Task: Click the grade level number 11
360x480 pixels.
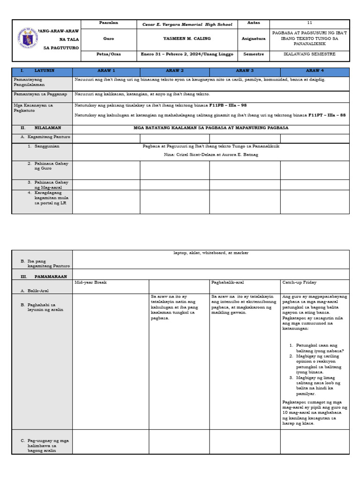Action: [x=309, y=23]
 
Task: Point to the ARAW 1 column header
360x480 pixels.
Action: [x=106, y=70]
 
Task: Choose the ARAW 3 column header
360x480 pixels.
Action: [x=245, y=70]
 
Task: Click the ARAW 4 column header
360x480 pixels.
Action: [x=315, y=70]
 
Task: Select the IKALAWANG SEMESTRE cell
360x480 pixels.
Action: [x=309, y=54]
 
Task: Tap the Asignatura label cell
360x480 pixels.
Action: [x=254, y=39]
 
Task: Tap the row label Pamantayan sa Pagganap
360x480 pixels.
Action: [x=41, y=94]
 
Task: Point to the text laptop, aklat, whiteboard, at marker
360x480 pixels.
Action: [x=211, y=253]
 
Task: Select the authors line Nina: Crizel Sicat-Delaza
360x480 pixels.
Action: [x=211, y=154]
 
